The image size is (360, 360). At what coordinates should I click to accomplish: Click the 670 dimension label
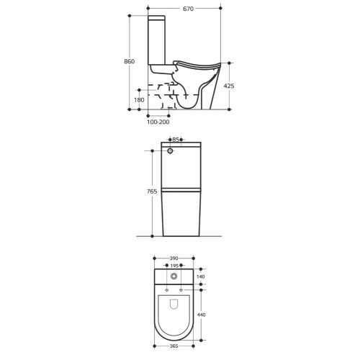click(188, 9)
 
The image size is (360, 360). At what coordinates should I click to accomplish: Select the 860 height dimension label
click(129, 61)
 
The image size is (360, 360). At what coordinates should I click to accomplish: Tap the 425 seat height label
click(229, 86)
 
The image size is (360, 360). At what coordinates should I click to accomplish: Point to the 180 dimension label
click(139, 100)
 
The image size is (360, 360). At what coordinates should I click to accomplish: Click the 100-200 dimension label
click(158, 122)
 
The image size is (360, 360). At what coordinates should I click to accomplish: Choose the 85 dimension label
click(176, 140)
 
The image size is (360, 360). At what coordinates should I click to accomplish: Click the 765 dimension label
click(152, 192)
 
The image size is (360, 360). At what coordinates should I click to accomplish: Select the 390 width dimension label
click(174, 258)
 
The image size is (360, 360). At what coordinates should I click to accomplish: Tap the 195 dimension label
click(174, 266)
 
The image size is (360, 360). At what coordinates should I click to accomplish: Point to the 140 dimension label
click(201, 276)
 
